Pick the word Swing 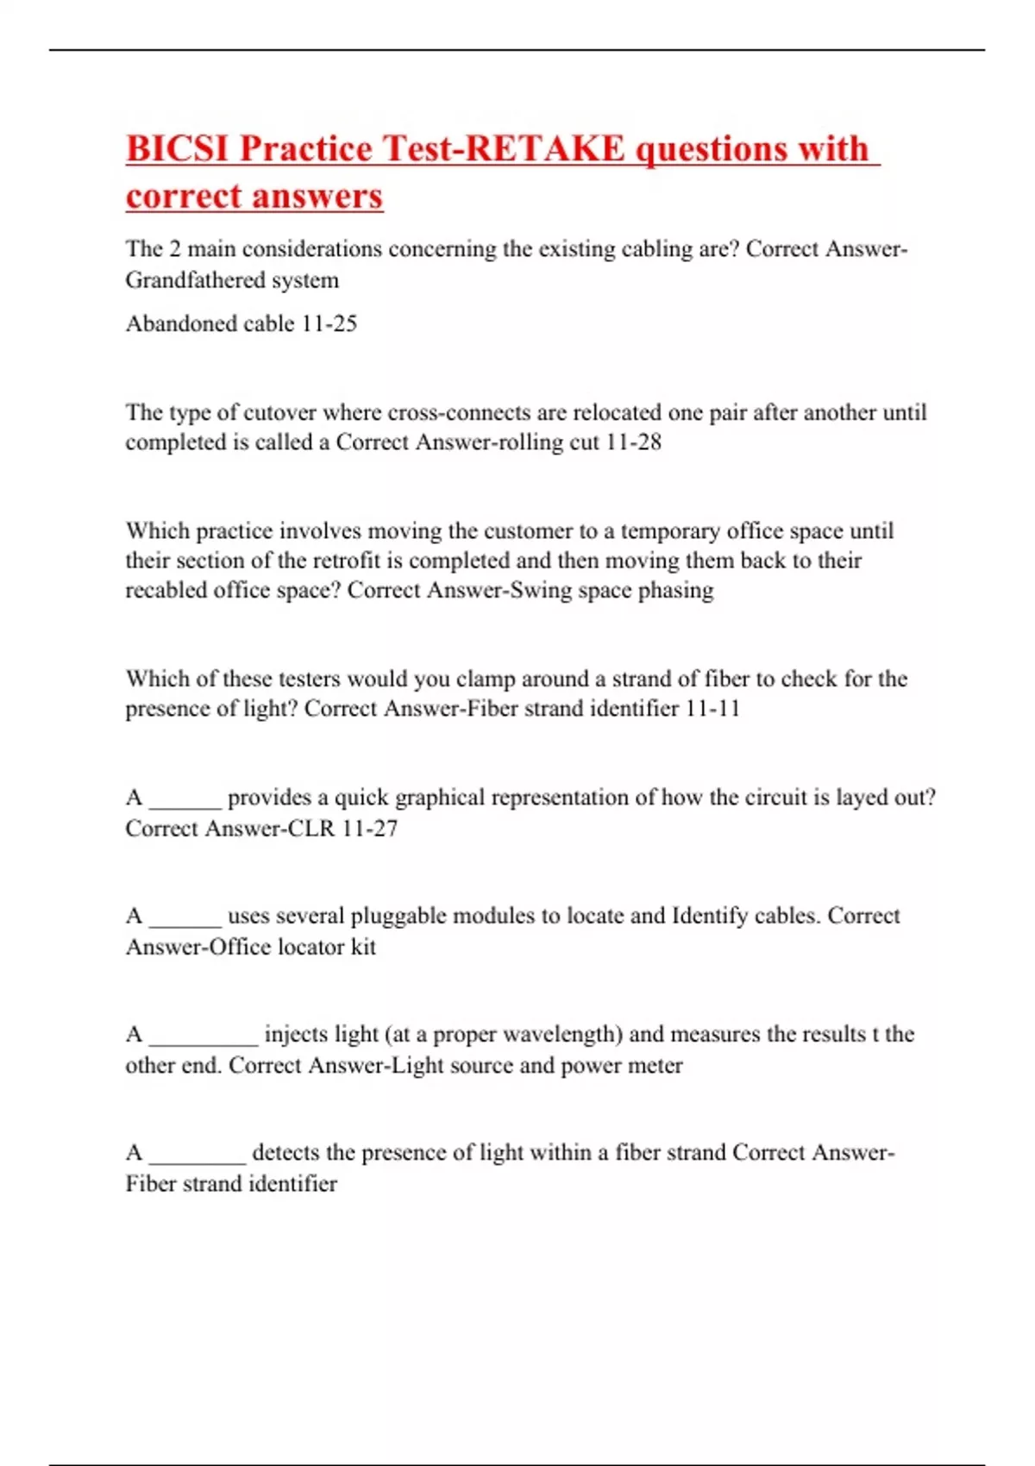[541, 591]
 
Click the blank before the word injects [204, 1039]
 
